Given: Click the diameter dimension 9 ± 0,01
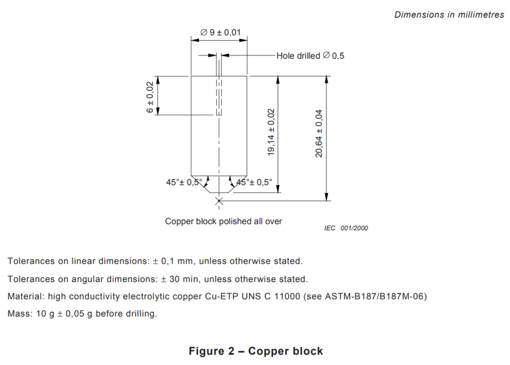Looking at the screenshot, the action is click(x=221, y=32).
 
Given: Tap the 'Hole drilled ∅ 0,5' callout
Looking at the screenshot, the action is click(x=310, y=56).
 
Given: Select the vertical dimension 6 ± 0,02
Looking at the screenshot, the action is click(x=149, y=97).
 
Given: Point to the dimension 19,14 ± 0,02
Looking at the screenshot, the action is click(x=271, y=132).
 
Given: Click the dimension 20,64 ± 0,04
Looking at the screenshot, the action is click(x=319, y=133).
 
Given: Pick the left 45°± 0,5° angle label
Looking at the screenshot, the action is click(x=184, y=182).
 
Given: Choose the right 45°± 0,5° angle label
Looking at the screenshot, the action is click(x=255, y=182).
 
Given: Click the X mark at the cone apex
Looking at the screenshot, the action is click(x=219, y=201).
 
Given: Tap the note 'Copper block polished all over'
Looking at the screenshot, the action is click(x=224, y=221).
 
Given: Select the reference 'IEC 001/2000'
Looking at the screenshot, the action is click(x=346, y=228).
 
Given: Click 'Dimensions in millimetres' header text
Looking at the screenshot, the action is click(x=449, y=14).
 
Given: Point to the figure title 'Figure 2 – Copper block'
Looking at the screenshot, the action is click(x=255, y=351).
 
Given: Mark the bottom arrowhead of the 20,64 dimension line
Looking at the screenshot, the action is click(x=327, y=197).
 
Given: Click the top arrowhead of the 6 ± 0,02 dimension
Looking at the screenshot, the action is click(x=158, y=80).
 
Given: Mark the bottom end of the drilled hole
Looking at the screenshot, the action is click(x=219, y=115).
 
